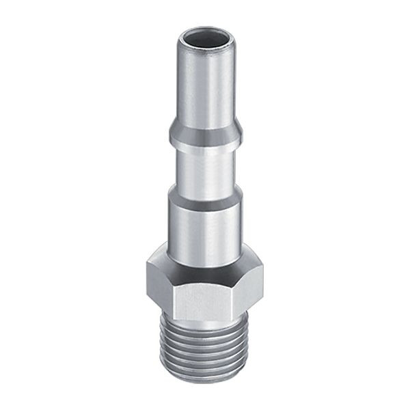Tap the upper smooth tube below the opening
(x=205, y=82)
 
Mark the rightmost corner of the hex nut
(x=263, y=273)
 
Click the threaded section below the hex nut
(x=205, y=348)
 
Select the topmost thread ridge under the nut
(x=205, y=325)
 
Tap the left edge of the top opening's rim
(x=180, y=38)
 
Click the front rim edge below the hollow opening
(x=205, y=46)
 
